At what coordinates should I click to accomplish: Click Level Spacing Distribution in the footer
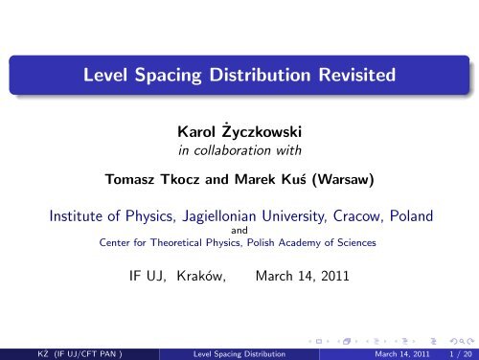[x=239, y=351]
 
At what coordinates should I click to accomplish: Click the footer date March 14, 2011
[x=391, y=351]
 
